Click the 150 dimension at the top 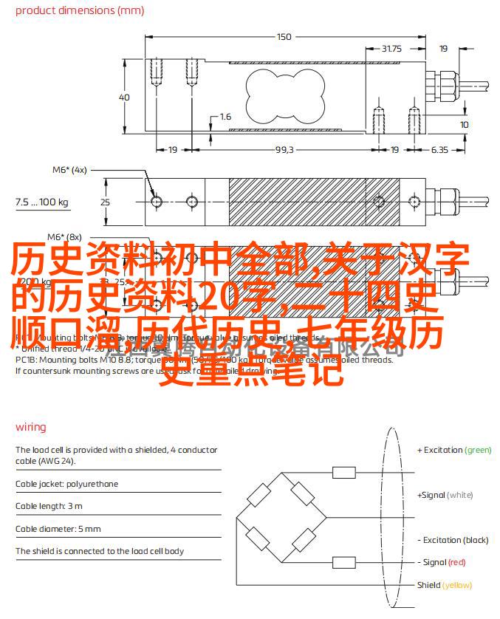tap(284, 36)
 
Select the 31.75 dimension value tap(391, 49)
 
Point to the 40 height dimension tap(124, 98)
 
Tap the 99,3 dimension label tap(284, 149)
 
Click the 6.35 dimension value tap(439, 149)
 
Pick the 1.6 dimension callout tap(225, 117)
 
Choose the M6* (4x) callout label tap(69, 169)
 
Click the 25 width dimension tap(105, 202)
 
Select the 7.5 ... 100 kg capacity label tap(41, 202)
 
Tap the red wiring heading tap(30, 427)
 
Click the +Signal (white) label tap(445, 495)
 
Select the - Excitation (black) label tap(453, 540)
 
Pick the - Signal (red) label tap(442, 562)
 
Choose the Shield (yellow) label tap(444, 585)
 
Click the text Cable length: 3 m tap(49, 506)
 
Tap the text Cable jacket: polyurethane tap(66, 484)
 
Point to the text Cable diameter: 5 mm tap(58, 529)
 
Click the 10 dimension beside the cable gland tap(464, 125)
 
